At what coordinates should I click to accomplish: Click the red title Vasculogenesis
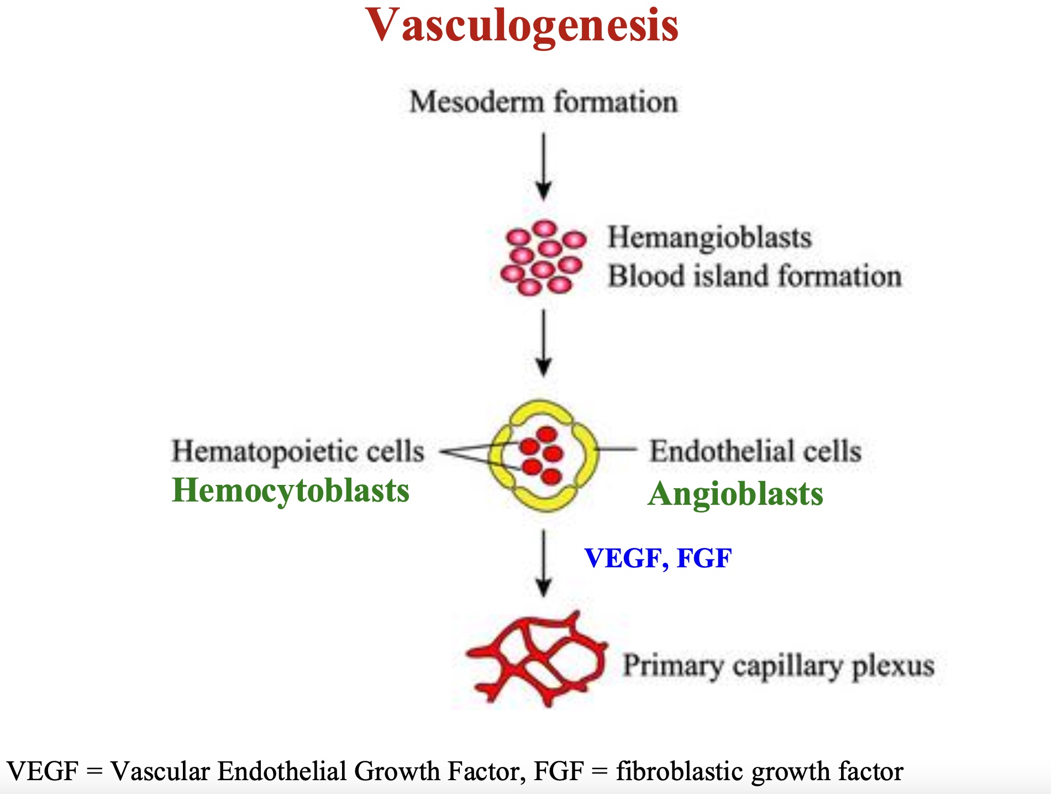tap(522, 25)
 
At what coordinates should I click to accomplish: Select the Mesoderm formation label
tap(543, 102)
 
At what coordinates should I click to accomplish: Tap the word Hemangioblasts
tap(710, 238)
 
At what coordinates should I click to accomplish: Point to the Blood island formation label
tap(754, 276)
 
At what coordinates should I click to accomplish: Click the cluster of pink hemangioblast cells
tap(543, 258)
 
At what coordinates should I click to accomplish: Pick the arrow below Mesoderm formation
tap(544, 166)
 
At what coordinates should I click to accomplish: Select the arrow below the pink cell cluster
tap(544, 343)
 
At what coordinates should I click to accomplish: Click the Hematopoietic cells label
tap(298, 451)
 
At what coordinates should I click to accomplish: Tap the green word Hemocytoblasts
tap(291, 490)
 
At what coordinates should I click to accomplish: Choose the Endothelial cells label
tap(755, 451)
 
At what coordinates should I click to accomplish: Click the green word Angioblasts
tap(735, 494)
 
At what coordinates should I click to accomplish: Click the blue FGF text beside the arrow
tap(704, 558)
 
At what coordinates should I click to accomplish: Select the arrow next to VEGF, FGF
tap(544, 564)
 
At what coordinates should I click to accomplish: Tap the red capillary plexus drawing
tap(536, 658)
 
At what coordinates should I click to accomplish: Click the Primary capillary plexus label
tap(779, 666)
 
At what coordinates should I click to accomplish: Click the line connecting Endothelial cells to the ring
tap(617, 450)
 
